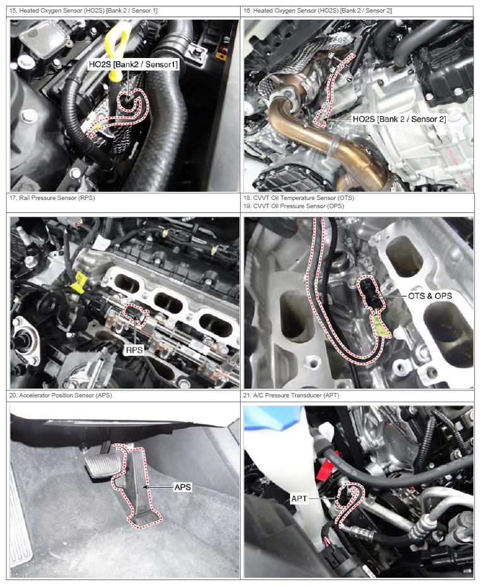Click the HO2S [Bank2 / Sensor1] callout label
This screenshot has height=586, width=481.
[x=133, y=64]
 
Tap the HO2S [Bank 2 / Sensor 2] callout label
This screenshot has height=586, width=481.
[x=399, y=119]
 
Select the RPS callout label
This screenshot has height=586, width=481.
[x=134, y=350]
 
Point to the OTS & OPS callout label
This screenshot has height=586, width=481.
[x=430, y=296]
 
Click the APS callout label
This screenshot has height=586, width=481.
[x=183, y=487]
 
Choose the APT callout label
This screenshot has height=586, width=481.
[x=299, y=498]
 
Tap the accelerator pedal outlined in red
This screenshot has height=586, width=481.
[x=139, y=486]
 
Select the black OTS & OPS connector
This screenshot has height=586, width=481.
[x=371, y=293]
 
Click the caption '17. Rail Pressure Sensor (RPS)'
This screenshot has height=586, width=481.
[x=52, y=197]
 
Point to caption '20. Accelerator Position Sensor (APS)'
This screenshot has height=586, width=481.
[x=61, y=395]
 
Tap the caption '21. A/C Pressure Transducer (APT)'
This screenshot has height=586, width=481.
[x=291, y=395]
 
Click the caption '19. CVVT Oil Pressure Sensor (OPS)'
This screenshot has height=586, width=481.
[x=294, y=206]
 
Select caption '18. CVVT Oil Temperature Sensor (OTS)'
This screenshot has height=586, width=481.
[x=299, y=197]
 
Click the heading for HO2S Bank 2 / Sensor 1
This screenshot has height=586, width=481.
[x=83, y=11]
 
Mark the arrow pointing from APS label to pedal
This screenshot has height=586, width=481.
[x=158, y=487]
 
